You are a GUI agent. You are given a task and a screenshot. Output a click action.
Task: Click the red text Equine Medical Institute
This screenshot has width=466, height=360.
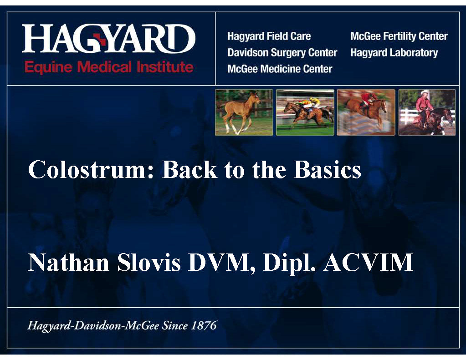[109, 67]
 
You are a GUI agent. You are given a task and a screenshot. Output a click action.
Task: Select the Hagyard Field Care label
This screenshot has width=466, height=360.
[269, 36]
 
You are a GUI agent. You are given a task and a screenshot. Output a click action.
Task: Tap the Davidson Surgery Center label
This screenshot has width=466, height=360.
[282, 53]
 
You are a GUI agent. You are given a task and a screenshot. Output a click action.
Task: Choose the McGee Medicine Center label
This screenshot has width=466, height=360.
[280, 69]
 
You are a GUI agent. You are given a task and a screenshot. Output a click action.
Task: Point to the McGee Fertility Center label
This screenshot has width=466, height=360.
[399, 36]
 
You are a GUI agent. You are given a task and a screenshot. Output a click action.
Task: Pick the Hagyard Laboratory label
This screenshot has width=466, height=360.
[394, 53]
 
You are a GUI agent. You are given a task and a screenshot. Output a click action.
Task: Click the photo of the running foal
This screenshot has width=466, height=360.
[244, 112]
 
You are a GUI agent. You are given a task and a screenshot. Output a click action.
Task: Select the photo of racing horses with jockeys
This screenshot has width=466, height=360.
[305, 112]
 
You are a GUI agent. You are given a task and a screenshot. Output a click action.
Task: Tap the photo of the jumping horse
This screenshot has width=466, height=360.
[366, 112]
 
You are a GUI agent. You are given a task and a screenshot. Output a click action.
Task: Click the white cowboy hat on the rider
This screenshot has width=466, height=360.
[425, 92]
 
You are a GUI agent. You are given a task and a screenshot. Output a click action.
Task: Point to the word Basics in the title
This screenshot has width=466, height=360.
[327, 170]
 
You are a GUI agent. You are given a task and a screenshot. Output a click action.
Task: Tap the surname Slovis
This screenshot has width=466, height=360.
[149, 263]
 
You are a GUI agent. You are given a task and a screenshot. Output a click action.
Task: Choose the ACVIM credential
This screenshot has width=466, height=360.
[368, 263]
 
